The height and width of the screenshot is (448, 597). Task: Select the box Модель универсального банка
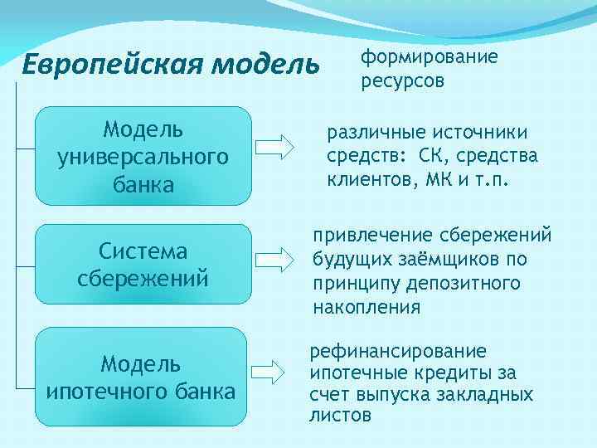pyautogui.click(x=143, y=156)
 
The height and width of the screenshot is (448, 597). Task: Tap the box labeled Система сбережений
pyautogui.click(x=143, y=263)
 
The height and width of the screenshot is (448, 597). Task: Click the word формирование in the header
pyautogui.click(x=429, y=57)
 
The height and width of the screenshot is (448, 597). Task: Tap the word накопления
pyautogui.click(x=366, y=307)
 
